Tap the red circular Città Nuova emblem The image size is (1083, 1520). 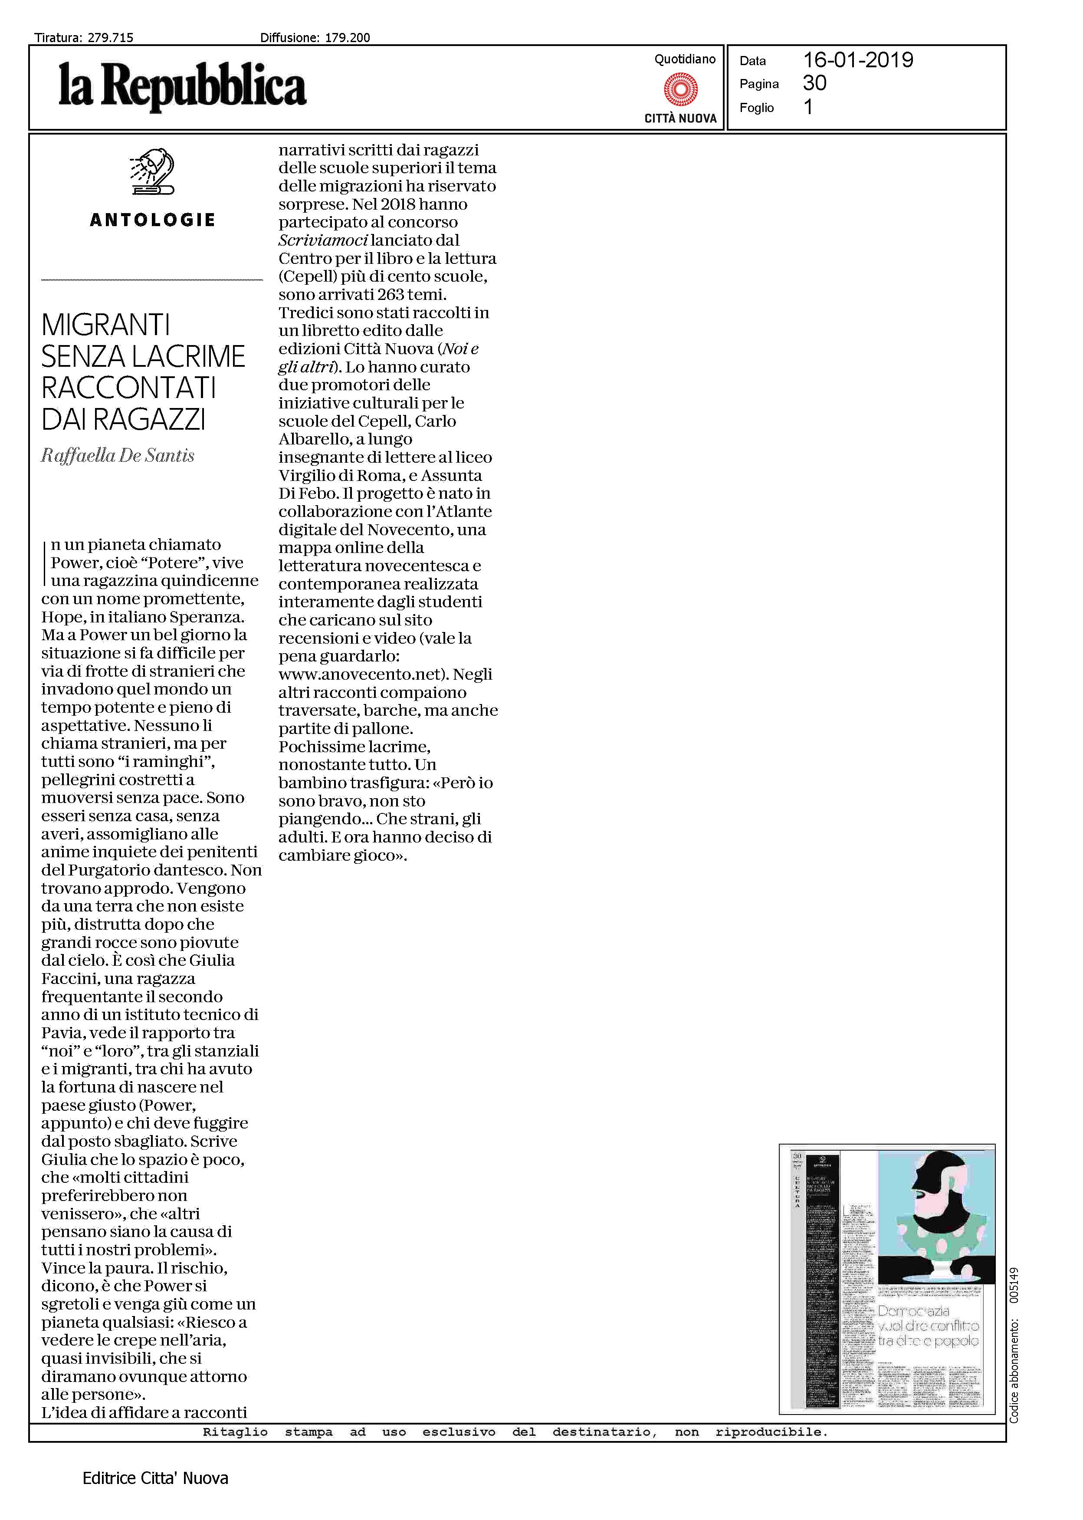(680, 89)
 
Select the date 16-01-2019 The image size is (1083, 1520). (858, 60)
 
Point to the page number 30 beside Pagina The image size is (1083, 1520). (814, 83)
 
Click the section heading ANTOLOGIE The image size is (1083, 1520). (152, 220)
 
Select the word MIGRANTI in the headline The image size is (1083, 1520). (105, 326)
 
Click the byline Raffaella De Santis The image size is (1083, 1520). (118, 456)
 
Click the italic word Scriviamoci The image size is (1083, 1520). (323, 240)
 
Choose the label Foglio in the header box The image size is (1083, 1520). (756, 108)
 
